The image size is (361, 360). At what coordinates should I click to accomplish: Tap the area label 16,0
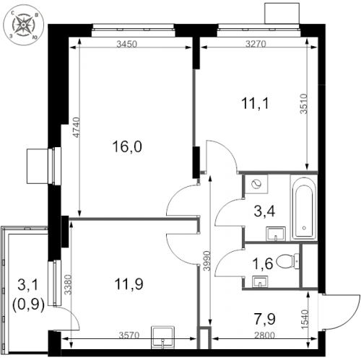pyautogui.click(x=126, y=146)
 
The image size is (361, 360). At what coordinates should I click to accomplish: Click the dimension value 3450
pyautogui.click(x=127, y=44)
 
